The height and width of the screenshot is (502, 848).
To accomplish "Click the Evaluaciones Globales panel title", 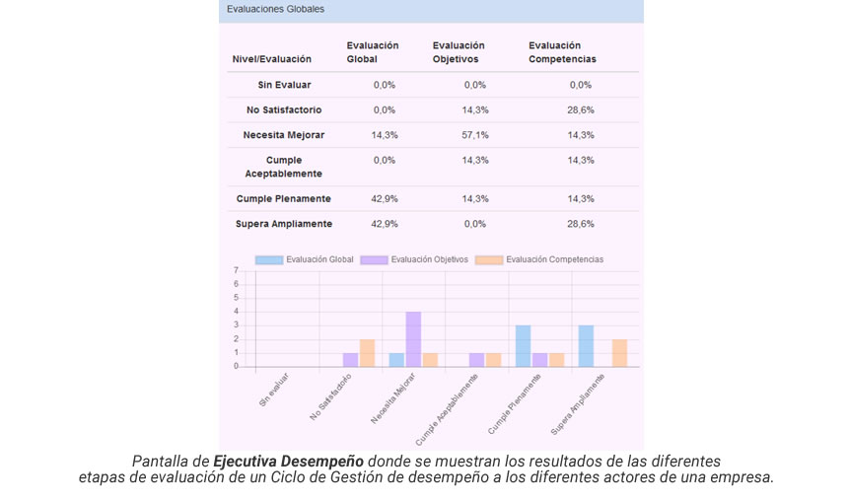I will pos(275,10).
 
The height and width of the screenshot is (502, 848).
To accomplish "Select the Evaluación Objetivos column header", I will pos(459,52).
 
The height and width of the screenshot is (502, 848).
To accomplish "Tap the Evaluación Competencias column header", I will pos(562,52).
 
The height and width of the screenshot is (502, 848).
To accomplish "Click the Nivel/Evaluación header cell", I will pos(271,59).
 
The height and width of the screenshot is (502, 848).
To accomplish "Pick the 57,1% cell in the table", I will pos(475,135).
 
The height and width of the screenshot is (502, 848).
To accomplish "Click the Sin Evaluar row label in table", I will pos(284,85).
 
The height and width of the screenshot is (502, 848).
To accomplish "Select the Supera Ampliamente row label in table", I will pos(284,224).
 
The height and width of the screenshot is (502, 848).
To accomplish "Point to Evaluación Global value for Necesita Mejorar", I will pos(385,135).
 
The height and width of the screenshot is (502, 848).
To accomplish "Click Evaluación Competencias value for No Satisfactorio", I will pos(581,109).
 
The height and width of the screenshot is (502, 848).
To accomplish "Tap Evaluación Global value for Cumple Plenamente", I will pos(385,198).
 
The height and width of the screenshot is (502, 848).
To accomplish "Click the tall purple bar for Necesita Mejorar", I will pos(413,339).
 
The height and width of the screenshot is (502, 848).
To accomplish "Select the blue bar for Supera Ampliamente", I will pos(586,346).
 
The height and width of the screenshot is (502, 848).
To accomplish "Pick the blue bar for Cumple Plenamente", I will pos(523,346).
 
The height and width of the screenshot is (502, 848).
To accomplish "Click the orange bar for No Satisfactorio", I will pos(367,353).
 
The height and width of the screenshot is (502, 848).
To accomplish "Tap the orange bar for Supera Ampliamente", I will pos(619,353).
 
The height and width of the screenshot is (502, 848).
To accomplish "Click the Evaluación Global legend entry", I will pos(305,260).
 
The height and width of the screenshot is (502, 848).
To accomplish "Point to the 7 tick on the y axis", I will pos(236,270).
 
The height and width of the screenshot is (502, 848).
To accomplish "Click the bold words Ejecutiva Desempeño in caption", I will pos(289,462).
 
